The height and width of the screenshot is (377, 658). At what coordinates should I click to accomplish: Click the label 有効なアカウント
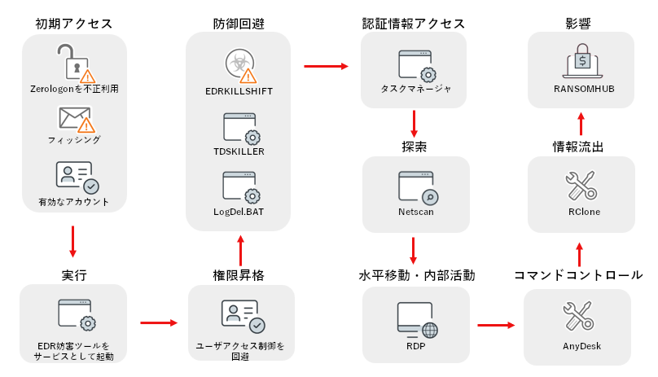tap(74, 202)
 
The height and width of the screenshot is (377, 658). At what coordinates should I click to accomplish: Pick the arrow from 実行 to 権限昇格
tap(159, 322)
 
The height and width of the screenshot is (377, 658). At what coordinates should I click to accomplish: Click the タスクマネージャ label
tap(415, 89)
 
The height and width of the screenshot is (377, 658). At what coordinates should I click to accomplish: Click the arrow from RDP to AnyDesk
tap(498, 325)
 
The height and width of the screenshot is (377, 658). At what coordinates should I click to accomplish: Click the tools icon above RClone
tap(581, 186)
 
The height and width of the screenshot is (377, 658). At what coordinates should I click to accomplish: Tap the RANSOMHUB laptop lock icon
tap(581, 62)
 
